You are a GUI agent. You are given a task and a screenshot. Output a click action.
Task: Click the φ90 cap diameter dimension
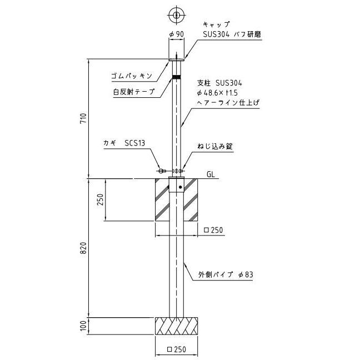pyautogui.click(x=177, y=34)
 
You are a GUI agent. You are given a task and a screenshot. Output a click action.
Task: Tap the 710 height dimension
pyautogui.click(x=83, y=118)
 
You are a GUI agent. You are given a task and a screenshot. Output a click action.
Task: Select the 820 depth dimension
pyautogui.click(x=83, y=248)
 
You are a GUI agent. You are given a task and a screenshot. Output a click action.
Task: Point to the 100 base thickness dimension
pyautogui.click(x=83, y=326)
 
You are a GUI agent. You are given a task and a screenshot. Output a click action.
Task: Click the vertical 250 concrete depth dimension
pyautogui.click(x=101, y=199)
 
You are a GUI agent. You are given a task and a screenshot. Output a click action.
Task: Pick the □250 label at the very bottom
pyautogui.click(x=177, y=349)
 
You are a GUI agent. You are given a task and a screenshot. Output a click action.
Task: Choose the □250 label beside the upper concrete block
pyautogui.click(x=213, y=230)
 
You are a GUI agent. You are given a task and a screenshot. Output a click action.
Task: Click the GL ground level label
pyautogui.click(x=211, y=174)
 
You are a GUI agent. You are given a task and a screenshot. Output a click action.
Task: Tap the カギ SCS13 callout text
pyautogui.click(x=124, y=143)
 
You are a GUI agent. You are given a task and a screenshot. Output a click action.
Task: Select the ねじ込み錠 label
pyautogui.click(x=215, y=146)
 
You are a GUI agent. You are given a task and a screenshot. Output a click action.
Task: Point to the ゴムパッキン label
pyautogui.click(x=132, y=76)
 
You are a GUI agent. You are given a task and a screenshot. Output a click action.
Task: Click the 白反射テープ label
pyautogui.click(x=134, y=92)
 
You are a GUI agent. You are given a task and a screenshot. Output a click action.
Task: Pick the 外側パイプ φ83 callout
pyautogui.click(x=226, y=274)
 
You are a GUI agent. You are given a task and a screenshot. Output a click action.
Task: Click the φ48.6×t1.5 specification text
pyautogui.click(x=217, y=93)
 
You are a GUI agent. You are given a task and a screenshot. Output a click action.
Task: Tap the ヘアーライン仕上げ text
pyautogui.click(x=228, y=103)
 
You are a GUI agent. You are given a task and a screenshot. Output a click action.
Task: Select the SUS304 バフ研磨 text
pyautogui.click(x=232, y=34)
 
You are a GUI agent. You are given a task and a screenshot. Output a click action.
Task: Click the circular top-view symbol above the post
pyautogui.click(x=176, y=15)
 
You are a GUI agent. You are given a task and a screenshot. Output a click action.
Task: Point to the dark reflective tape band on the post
pyautogui.click(x=176, y=77)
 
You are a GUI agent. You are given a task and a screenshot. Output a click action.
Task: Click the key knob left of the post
pyautogui.click(x=162, y=171)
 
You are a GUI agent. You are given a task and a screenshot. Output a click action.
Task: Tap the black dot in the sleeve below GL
pyautogui.click(x=181, y=187)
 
